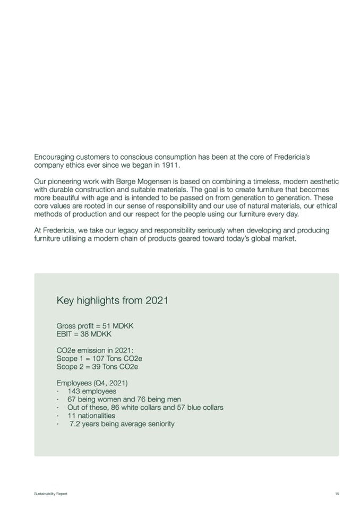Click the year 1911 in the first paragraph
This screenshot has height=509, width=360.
tap(172, 166)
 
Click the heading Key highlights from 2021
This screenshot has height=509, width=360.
tap(112, 301)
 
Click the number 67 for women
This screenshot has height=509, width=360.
tap(72, 399)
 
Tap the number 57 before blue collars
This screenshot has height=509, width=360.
tap(176, 408)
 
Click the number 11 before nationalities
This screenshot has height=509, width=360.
tap(72, 416)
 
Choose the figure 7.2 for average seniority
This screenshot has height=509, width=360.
tap(75, 424)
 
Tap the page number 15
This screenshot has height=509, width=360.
tap(337, 494)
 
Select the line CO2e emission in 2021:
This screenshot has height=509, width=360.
tap(95, 350)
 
